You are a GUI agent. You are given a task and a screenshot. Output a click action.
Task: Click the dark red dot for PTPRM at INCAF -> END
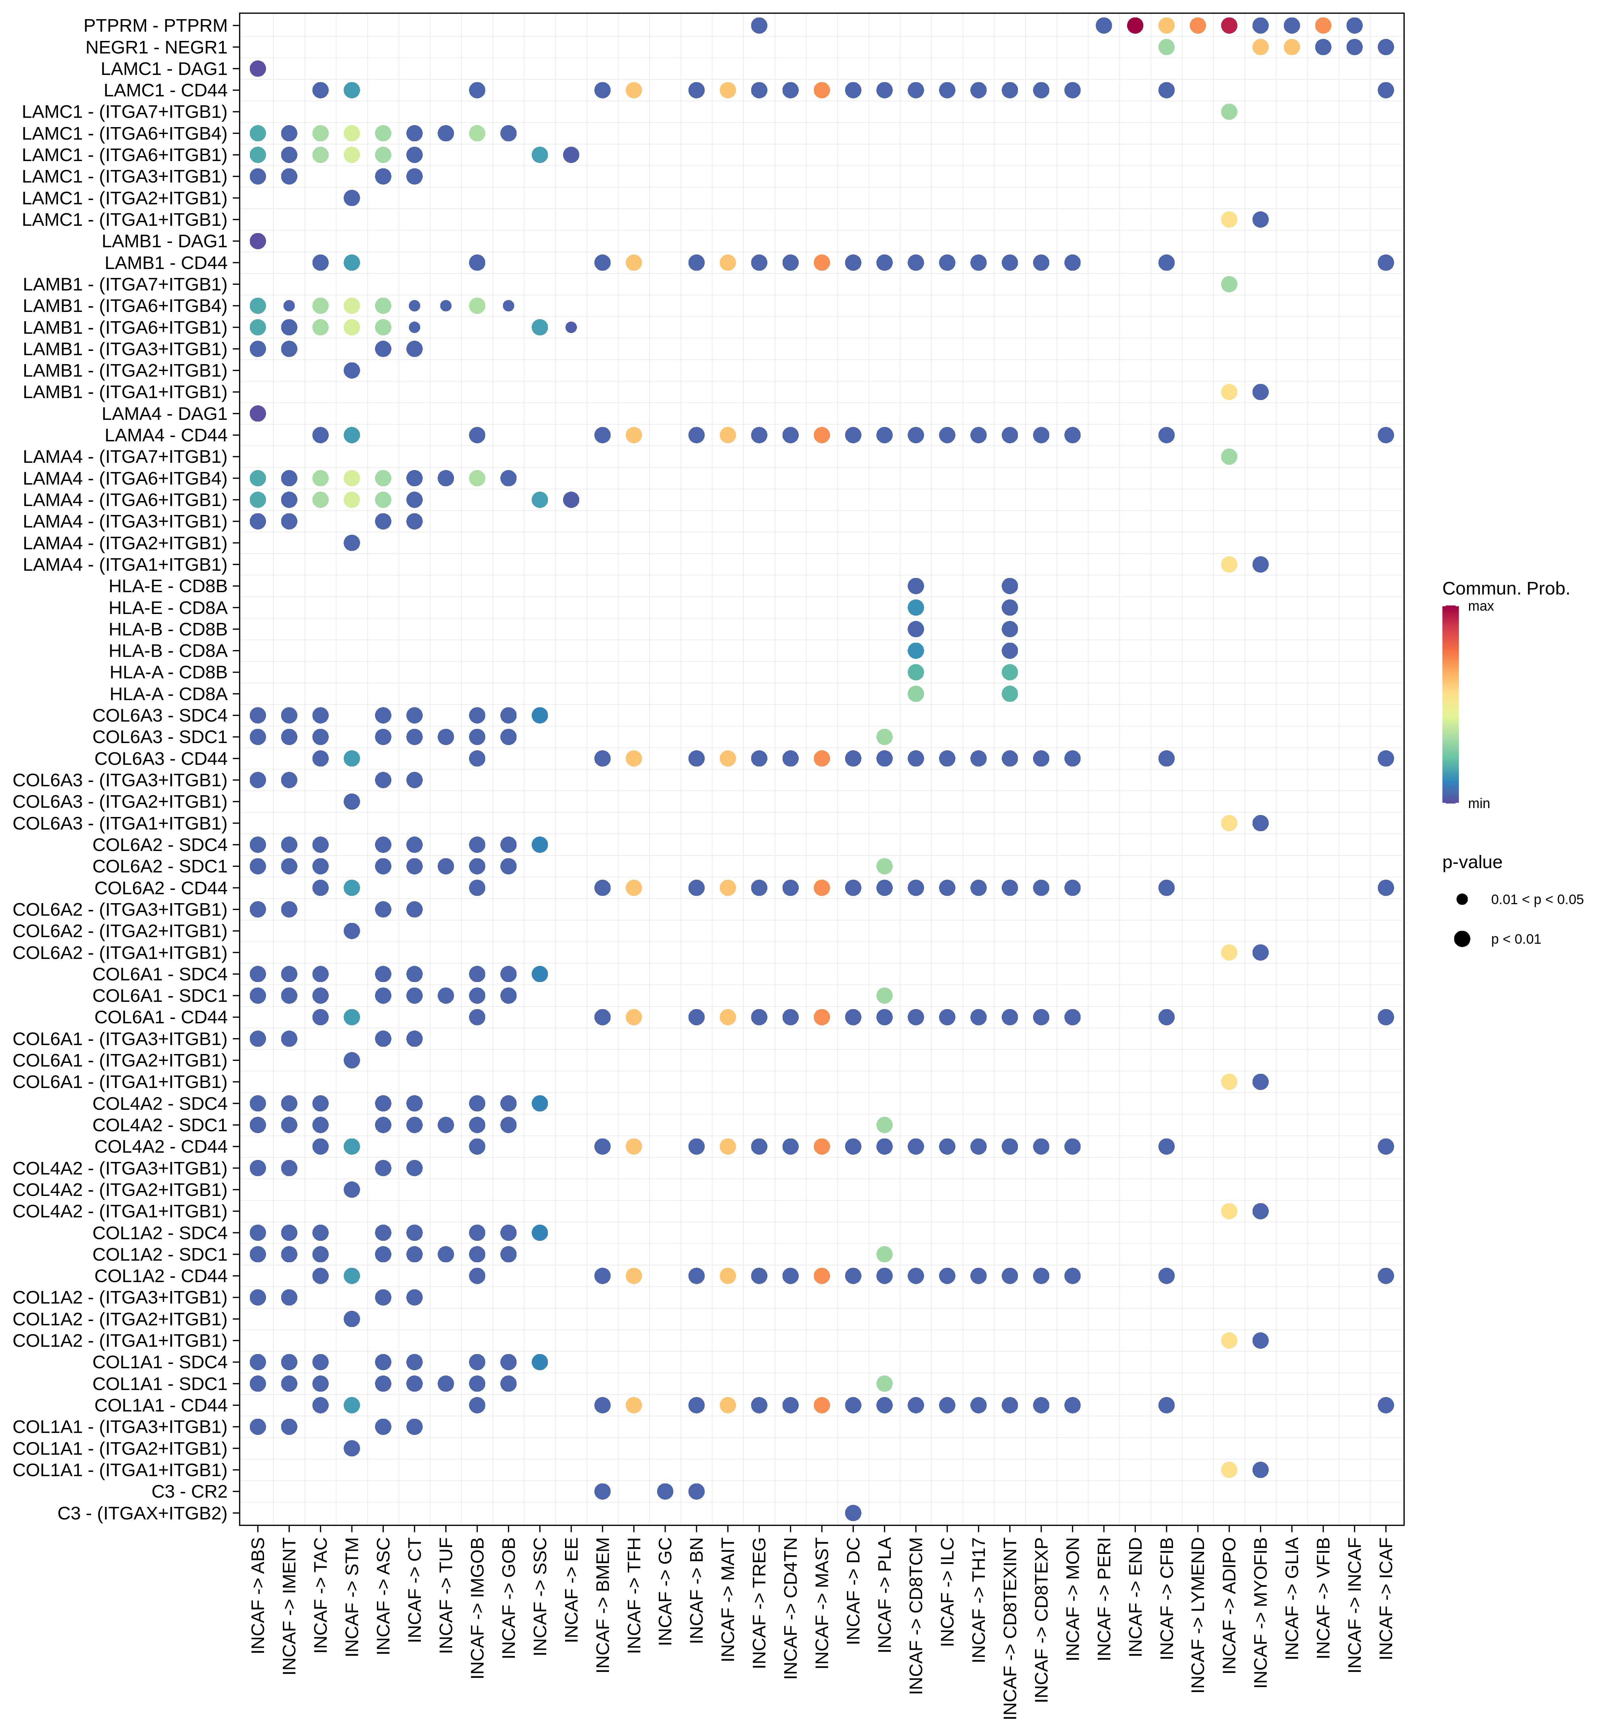tap(1134, 25)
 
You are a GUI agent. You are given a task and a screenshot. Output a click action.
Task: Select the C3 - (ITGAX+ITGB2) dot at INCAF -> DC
tap(853, 1513)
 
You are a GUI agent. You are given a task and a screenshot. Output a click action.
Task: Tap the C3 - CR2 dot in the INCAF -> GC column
tap(665, 1491)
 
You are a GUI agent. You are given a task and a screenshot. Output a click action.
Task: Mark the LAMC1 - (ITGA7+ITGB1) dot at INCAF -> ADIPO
tap(1228, 112)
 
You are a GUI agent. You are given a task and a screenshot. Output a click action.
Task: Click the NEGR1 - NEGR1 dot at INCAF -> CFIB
tap(1167, 47)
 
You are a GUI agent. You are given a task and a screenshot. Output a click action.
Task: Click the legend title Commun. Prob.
tap(1505, 589)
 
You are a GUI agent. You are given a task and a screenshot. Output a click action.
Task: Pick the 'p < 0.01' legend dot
tap(1462, 939)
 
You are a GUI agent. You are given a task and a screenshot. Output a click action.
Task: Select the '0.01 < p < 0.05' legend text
tap(1537, 900)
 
